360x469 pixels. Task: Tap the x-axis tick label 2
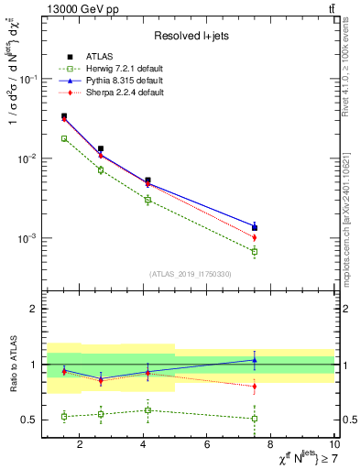[80, 445]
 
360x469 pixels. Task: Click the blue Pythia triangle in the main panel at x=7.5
[255, 224]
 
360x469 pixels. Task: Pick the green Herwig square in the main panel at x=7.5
[255, 251]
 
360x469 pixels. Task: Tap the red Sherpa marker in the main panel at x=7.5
[255, 237]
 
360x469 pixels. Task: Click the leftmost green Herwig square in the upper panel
[63, 138]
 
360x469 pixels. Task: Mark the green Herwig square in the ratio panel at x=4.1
[147, 409]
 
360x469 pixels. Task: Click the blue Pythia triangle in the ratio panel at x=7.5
[255, 360]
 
